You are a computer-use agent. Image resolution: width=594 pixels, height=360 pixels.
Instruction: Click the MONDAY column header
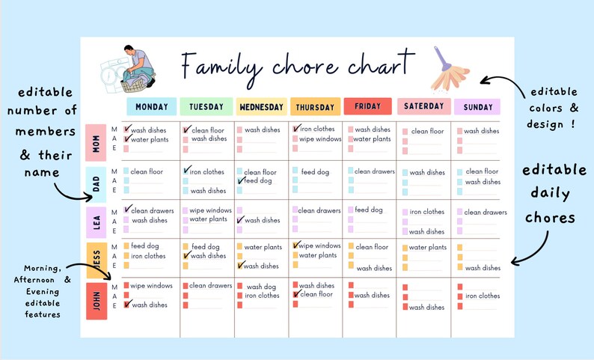[x=152, y=107]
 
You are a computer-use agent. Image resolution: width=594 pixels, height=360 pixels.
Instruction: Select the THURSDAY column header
[x=315, y=107]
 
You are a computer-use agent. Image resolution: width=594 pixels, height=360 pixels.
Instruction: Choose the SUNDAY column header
[x=477, y=107]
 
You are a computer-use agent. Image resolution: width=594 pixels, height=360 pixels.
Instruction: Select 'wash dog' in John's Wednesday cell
[x=261, y=286]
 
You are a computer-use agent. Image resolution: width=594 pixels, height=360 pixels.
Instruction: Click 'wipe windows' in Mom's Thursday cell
[x=320, y=139]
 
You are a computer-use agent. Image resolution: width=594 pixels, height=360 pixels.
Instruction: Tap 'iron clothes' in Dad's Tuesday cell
[x=207, y=172]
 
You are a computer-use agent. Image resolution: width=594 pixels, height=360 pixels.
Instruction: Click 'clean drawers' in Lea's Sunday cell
[x=486, y=212]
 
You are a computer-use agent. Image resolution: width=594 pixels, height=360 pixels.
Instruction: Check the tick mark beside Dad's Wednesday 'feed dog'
[x=241, y=181]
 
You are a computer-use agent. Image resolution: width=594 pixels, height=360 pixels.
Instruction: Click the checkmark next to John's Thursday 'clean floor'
[x=296, y=294]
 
